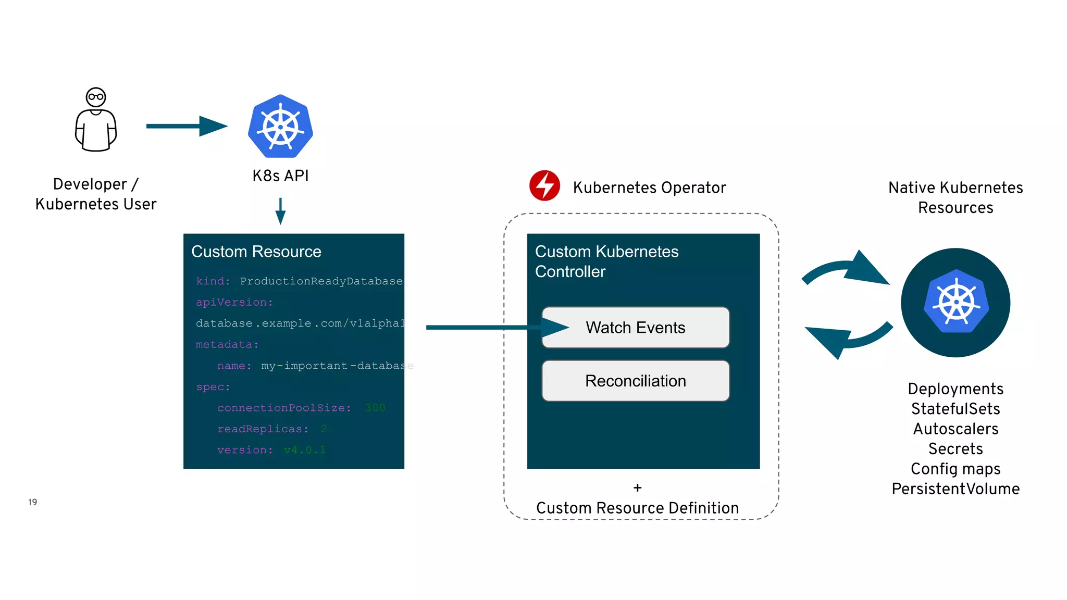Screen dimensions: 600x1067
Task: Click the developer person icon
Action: click(96, 120)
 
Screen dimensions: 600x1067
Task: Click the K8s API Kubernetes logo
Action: click(280, 127)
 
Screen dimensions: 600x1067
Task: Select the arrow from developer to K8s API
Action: click(187, 126)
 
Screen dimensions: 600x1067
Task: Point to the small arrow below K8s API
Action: click(280, 211)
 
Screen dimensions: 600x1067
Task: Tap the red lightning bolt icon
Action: click(544, 185)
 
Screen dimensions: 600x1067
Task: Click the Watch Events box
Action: click(635, 328)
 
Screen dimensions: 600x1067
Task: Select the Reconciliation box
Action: click(635, 381)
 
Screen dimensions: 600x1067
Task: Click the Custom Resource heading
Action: click(256, 252)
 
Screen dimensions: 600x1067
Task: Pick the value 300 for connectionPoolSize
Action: click(375, 408)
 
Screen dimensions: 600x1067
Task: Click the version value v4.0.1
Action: click(305, 450)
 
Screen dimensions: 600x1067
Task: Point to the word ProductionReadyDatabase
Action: click(321, 281)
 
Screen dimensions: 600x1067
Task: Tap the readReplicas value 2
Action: click(324, 429)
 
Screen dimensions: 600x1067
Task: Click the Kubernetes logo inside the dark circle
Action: click(956, 302)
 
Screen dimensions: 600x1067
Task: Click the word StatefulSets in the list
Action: click(956, 409)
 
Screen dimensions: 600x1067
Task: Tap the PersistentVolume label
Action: click(956, 489)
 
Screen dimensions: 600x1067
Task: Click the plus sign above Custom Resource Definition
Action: click(637, 488)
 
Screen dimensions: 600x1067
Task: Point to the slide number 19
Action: click(32, 502)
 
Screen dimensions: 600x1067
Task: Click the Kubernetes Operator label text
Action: click(649, 187)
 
